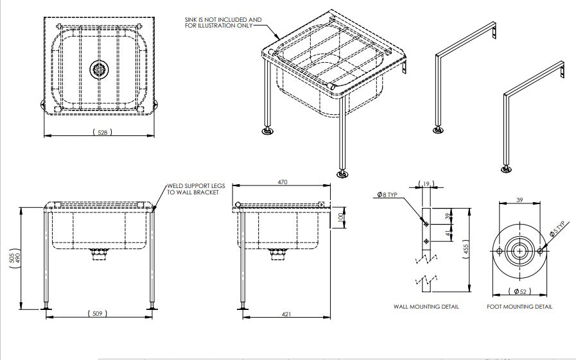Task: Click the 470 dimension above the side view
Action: tap(282, 182)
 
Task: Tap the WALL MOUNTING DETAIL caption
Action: tap(426, 307)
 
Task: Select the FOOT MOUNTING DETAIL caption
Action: tap(519, 307)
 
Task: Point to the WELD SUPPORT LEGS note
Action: tap(193, 189)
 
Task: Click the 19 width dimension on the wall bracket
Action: tap(426, 185)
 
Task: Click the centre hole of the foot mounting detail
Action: tap(519, 250)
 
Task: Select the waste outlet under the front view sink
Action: tap(98, 255)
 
